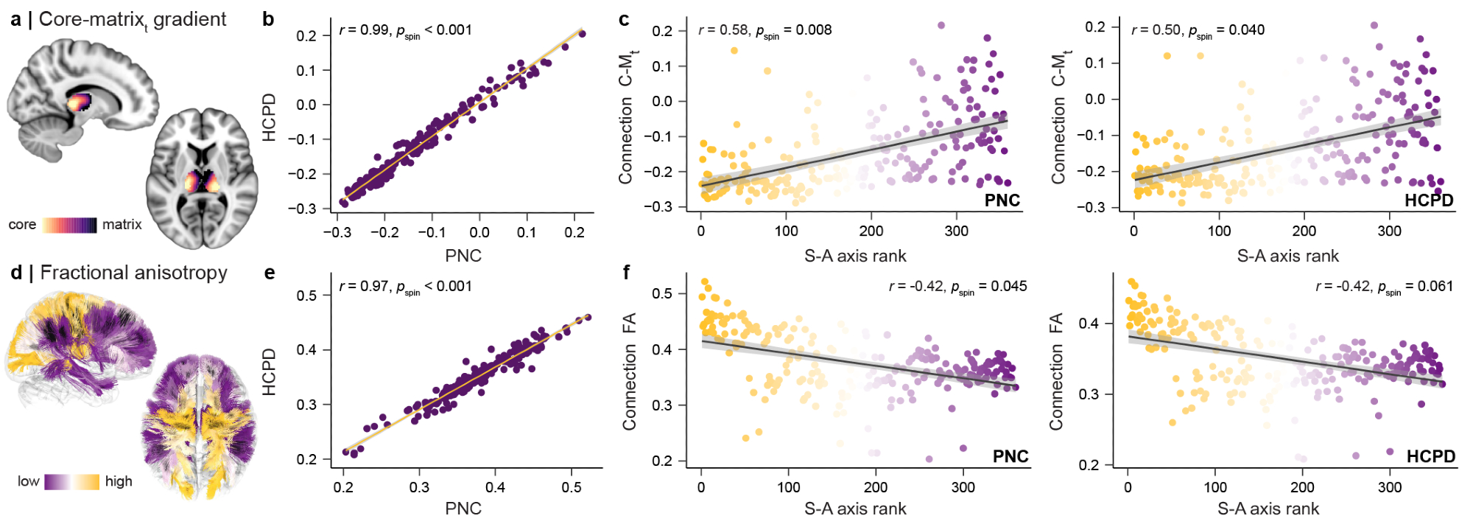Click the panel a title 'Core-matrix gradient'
pyautogui.click(x=133, y=19)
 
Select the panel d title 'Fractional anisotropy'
pyautogui.click(x=133, y=273)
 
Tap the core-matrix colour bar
pyautogui.click(x=69, y=225)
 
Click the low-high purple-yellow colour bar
pyautogui.click(x=71, y=482)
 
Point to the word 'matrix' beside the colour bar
pyautogui.click(x=122, y=225)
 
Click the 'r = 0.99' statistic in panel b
pyautogui.click(x=364, y=30)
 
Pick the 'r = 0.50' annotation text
pyautogui.click(x=1156, y=30)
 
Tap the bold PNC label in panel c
pyautogui.click(x=1002, y=200)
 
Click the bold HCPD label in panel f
pyautogui.click(x=1430, y=457)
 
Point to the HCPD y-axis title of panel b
pyautogui.click(x=270, y=118)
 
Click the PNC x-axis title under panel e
pyautogui.click(x=463, y=509)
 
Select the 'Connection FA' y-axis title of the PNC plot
pyautogui.click(x=629, y=372)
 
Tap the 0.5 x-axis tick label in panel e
pyautogui.click(x=572, y=487)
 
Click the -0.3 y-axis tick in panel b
pyautogui.click(x=306, y=209)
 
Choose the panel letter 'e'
pyautogui.click(x=269, y=273)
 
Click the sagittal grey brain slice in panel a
pyautogui.click(x=81, y=92)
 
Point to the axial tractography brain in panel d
pyautogui.click(x=199, y=427)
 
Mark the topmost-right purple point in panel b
pyautogui.click(x=582, y=33)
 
